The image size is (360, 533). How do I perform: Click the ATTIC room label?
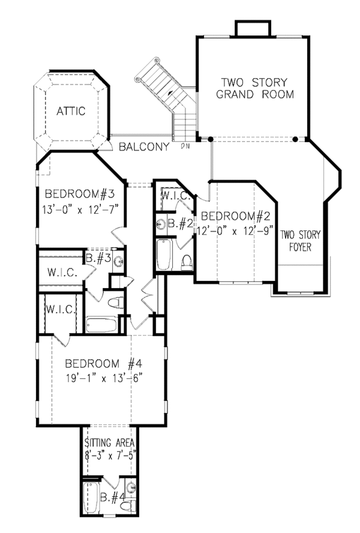pyautogui.click(x=71, y=111)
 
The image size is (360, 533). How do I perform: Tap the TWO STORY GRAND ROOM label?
pyautogui.click(x=255, y=88)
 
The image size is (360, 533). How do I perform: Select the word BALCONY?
pyautogui.click(x=144, y=147)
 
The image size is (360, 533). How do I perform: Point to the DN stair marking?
pyautogui.click(x=185, y=146)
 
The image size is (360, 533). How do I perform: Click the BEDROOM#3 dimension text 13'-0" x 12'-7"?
pyautogui.click(x=80, y=209)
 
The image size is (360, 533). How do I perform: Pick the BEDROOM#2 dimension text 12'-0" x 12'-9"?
pyautogui.click(x=235, y=231)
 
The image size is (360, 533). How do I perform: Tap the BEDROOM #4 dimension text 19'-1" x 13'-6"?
pyautogui.click(x=104, y=378)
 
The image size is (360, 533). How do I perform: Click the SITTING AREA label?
pyautogui.click(x=109, y=443)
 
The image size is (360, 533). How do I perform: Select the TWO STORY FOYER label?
pyautogui.click(x=300, y=241)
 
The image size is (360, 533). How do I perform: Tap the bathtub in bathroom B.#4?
pyautogui.click(x=91, y=498)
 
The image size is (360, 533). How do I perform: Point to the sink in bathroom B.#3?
pyautogui.click(x=119, y=262)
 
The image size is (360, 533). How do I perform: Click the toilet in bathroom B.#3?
pyautogui.click(x=116, y=303)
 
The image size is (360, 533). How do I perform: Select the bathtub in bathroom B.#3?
pyautogui.click(x=101, y=325)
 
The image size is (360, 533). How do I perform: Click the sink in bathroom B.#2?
pyautogui.click(x=161, y=224)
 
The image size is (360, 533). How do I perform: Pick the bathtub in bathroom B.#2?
pyautogui.click(x=164, y=255)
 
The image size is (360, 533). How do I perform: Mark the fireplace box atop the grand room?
pyautogui.click(x=253, y=29)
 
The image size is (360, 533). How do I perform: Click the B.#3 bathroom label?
pyautogui.click(x=98, y=258)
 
